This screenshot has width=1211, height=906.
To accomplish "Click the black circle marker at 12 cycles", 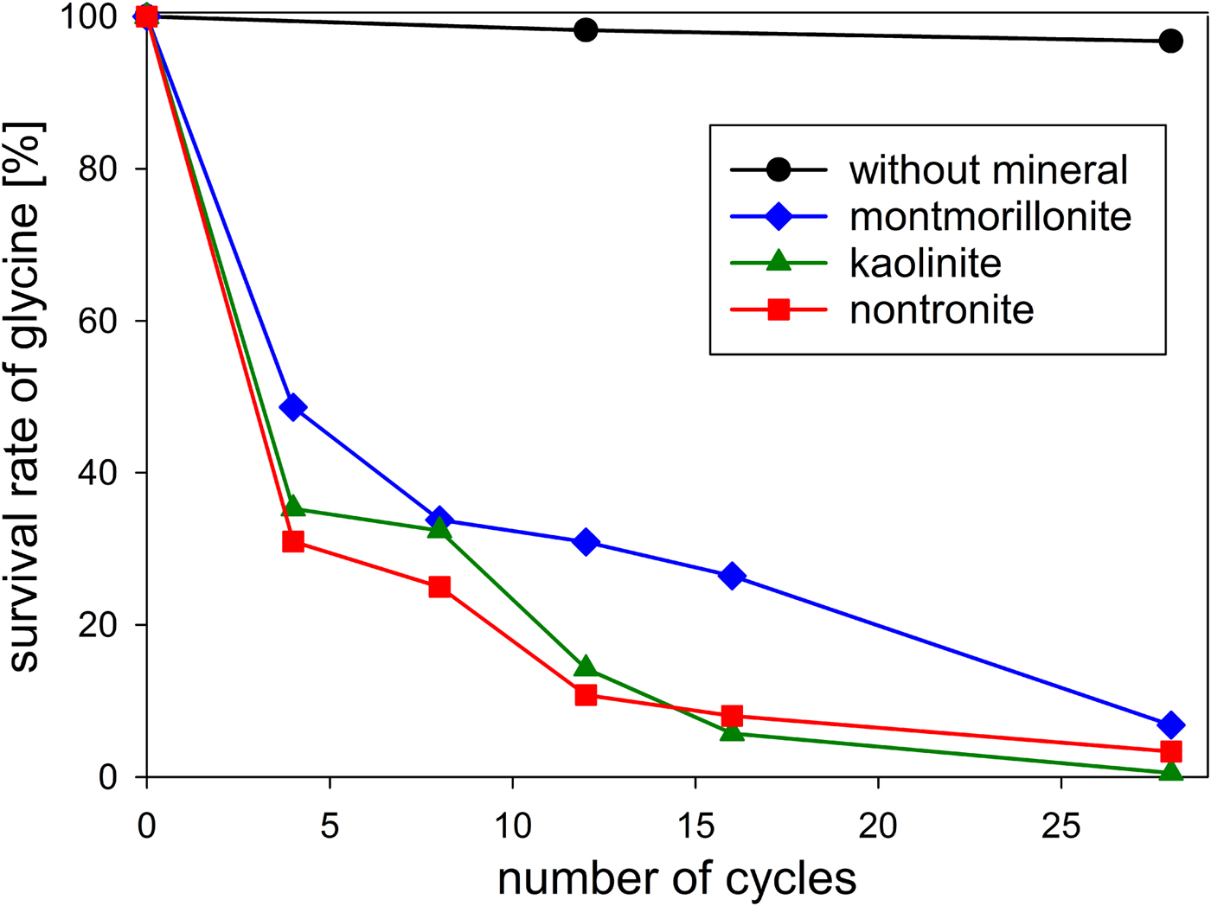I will [x=586, y=30].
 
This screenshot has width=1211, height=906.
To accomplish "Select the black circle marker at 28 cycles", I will [x=1170, y=41].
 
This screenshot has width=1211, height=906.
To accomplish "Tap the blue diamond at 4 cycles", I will [x=293, y=407].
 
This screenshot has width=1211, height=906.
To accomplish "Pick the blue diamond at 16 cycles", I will [x=732, y=576].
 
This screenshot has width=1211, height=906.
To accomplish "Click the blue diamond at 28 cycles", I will [x=1170, y=724].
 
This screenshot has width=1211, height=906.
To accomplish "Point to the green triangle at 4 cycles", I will [x=293, y=507].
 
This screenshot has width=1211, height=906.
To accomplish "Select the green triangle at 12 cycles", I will [x=586, y=667].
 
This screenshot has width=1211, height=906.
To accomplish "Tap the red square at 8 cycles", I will [x=439, y=587].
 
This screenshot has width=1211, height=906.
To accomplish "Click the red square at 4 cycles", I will [x=293, y=542].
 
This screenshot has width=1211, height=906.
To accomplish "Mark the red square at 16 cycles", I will [x=732, y=716].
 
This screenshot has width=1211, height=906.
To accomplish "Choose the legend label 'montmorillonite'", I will [x=990, y=216].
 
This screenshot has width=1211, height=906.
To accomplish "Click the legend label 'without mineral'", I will [x=988, y=169].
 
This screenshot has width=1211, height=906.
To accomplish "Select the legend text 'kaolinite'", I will [x=925, y=263].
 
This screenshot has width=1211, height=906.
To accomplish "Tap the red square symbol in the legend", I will [x=778, y=309].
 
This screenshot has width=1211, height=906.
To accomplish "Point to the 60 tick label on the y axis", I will [x=97, y=321].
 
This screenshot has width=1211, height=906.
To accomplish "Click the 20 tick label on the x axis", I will [x=877, y=826].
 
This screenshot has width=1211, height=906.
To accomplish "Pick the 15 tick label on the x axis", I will [x=695, y=826].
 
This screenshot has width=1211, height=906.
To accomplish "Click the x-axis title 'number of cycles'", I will [x=676, y=878].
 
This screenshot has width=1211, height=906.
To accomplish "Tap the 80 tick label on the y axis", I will [x=97, y=169].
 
